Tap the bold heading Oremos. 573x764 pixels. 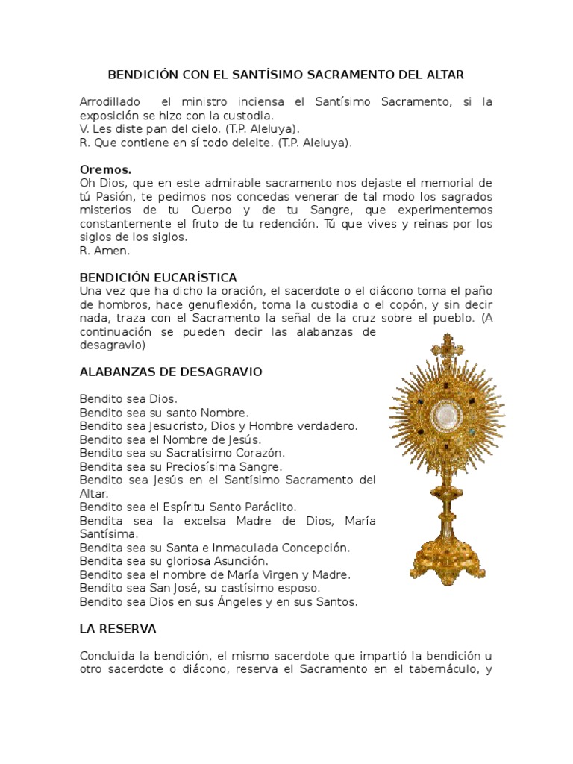pos(105,169)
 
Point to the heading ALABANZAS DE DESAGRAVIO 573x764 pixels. pos(171,372)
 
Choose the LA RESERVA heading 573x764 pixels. pos(118,629)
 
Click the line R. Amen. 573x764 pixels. pos(104,251)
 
